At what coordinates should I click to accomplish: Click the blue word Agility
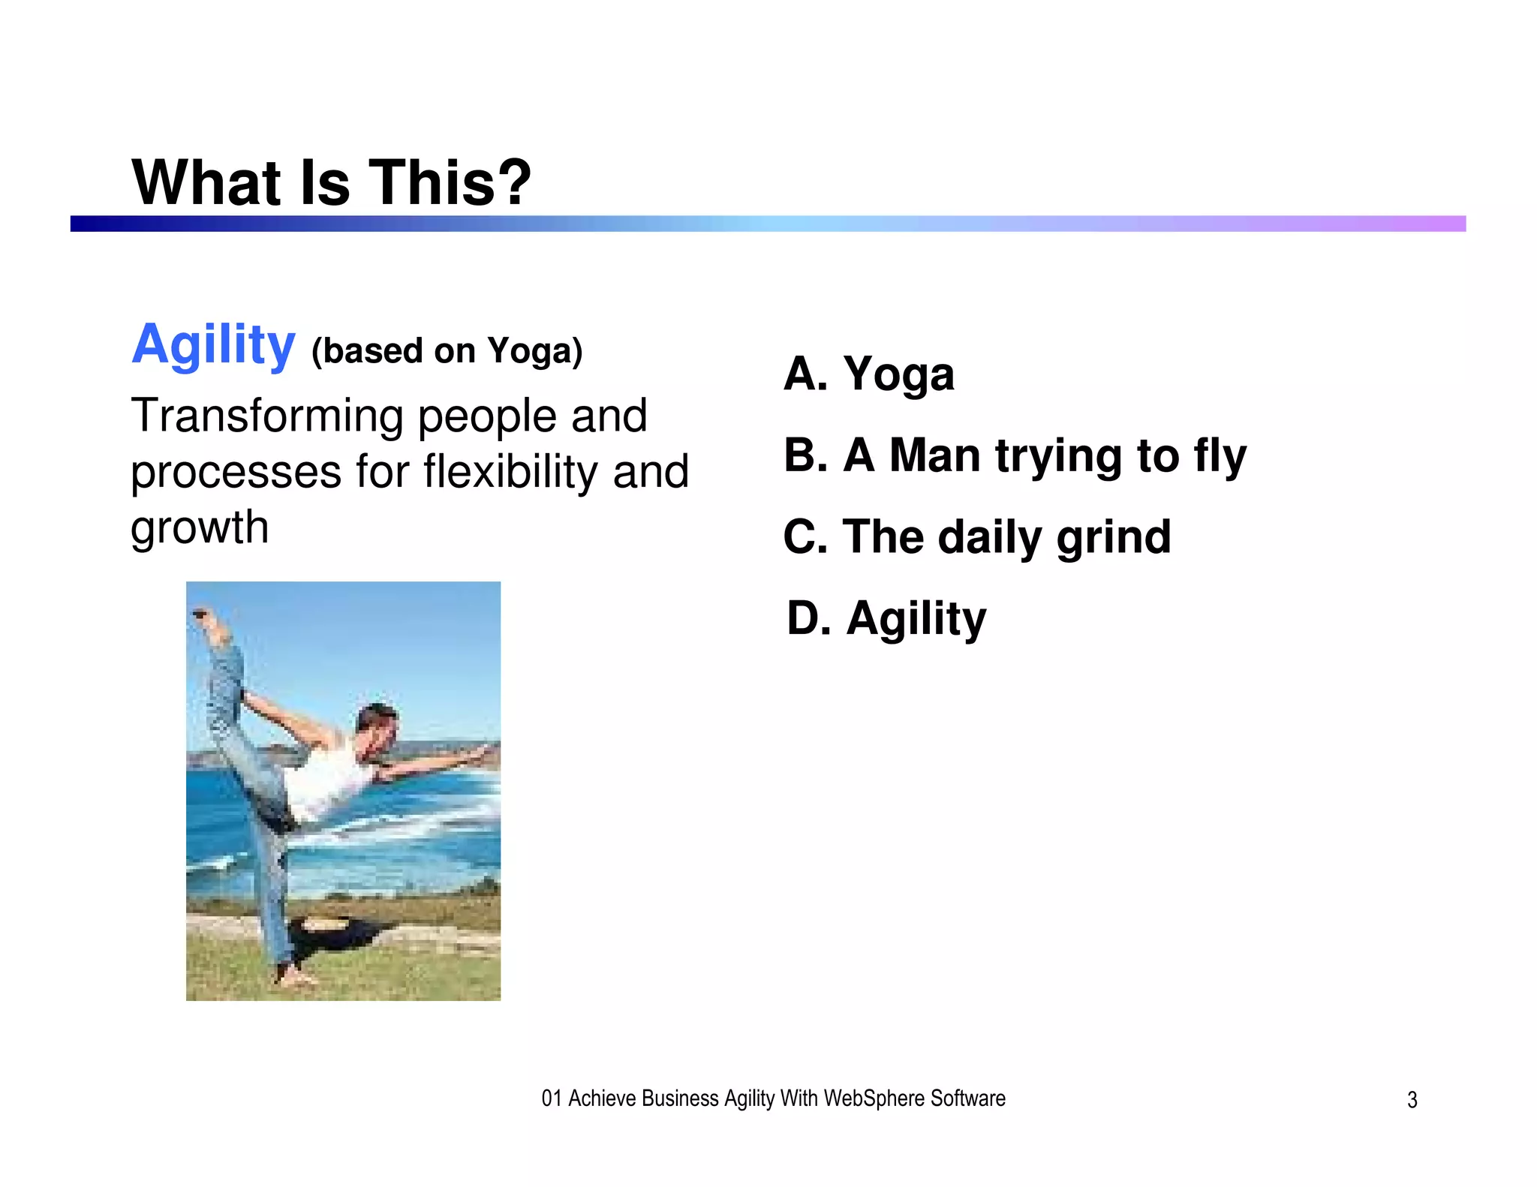pos(214,345)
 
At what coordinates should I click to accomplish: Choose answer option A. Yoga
pos(868,374)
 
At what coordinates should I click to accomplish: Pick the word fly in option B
pos(1220,456)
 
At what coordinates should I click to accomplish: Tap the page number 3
pos(1412,1100)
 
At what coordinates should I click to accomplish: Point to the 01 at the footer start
pos(552,1098)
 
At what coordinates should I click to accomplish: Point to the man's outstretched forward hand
pos(488,749)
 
